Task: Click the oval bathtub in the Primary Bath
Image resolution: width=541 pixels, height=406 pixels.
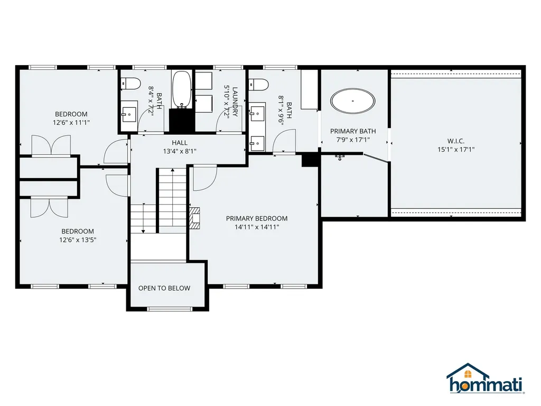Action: click(x=352, y=101)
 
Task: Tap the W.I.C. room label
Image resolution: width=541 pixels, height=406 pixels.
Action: click(x=456, y=141)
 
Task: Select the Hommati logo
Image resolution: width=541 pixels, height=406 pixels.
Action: click(x=486, y=379)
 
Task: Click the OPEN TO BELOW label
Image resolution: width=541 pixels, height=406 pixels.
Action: click(x=164, y=288)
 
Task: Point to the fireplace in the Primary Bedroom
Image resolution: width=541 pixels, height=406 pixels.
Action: click(x=194, y=218)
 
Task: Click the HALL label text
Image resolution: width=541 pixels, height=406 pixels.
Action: click(x=180, y=143)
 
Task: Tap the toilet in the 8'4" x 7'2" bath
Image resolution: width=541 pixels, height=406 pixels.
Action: click(x=131, y=84)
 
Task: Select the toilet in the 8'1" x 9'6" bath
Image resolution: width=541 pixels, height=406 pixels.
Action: click(x=259, y=84)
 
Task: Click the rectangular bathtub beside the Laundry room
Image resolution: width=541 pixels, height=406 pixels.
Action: click(x=182, y=89)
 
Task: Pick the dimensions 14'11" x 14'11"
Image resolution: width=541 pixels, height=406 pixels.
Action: click(x=257, y=227)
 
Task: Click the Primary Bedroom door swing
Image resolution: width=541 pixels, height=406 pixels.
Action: click(x=204, y=178)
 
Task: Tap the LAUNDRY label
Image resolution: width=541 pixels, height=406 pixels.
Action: click(x=235, y=102)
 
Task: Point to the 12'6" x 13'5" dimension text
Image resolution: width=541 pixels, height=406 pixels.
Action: click(x=78, y=239)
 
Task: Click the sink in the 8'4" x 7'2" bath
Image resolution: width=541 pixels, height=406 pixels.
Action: click(x=129, y=114)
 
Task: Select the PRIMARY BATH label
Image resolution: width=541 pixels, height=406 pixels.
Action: click(x=353, y=131)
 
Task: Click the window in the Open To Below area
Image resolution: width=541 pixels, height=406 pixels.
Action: click(x=169, y=309)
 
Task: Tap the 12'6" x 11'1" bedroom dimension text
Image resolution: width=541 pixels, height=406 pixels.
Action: click(x=71, y=122)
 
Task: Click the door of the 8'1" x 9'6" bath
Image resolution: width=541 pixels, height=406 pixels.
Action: click(x=284, y=141)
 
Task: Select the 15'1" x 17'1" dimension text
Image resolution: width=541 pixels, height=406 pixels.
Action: click(x=456, y=150)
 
